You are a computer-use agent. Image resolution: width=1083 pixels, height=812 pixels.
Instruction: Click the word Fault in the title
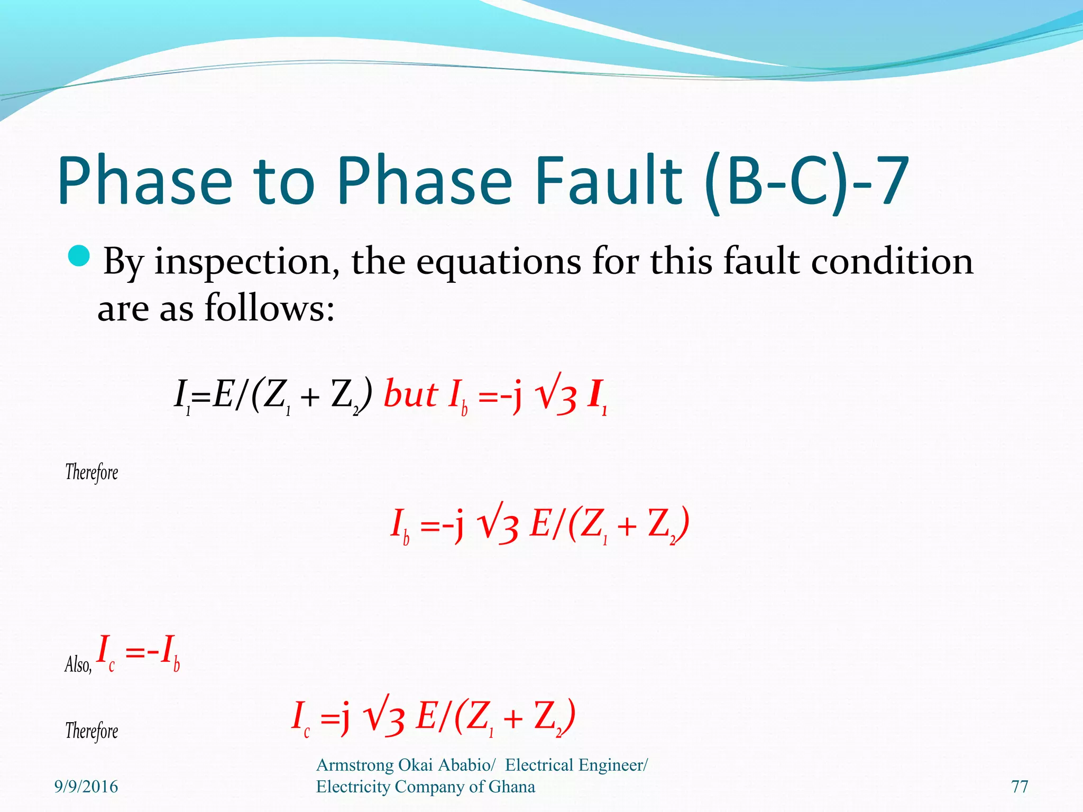point(609,180)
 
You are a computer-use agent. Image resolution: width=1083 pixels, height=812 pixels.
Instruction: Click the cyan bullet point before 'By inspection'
point(80,257)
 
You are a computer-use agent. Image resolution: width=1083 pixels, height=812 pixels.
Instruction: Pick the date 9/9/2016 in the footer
point(86,787)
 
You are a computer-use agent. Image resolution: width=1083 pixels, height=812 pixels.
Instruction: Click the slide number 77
point(1020,787)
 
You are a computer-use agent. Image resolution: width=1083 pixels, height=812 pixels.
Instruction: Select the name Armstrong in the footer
point(354,765)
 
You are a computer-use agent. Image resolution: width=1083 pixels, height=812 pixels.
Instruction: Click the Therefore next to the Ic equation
point(91,731)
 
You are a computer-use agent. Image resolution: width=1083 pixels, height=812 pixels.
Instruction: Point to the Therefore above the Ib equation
point(91,472)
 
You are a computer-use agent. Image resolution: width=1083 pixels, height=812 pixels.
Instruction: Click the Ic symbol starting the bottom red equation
point(300,717)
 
